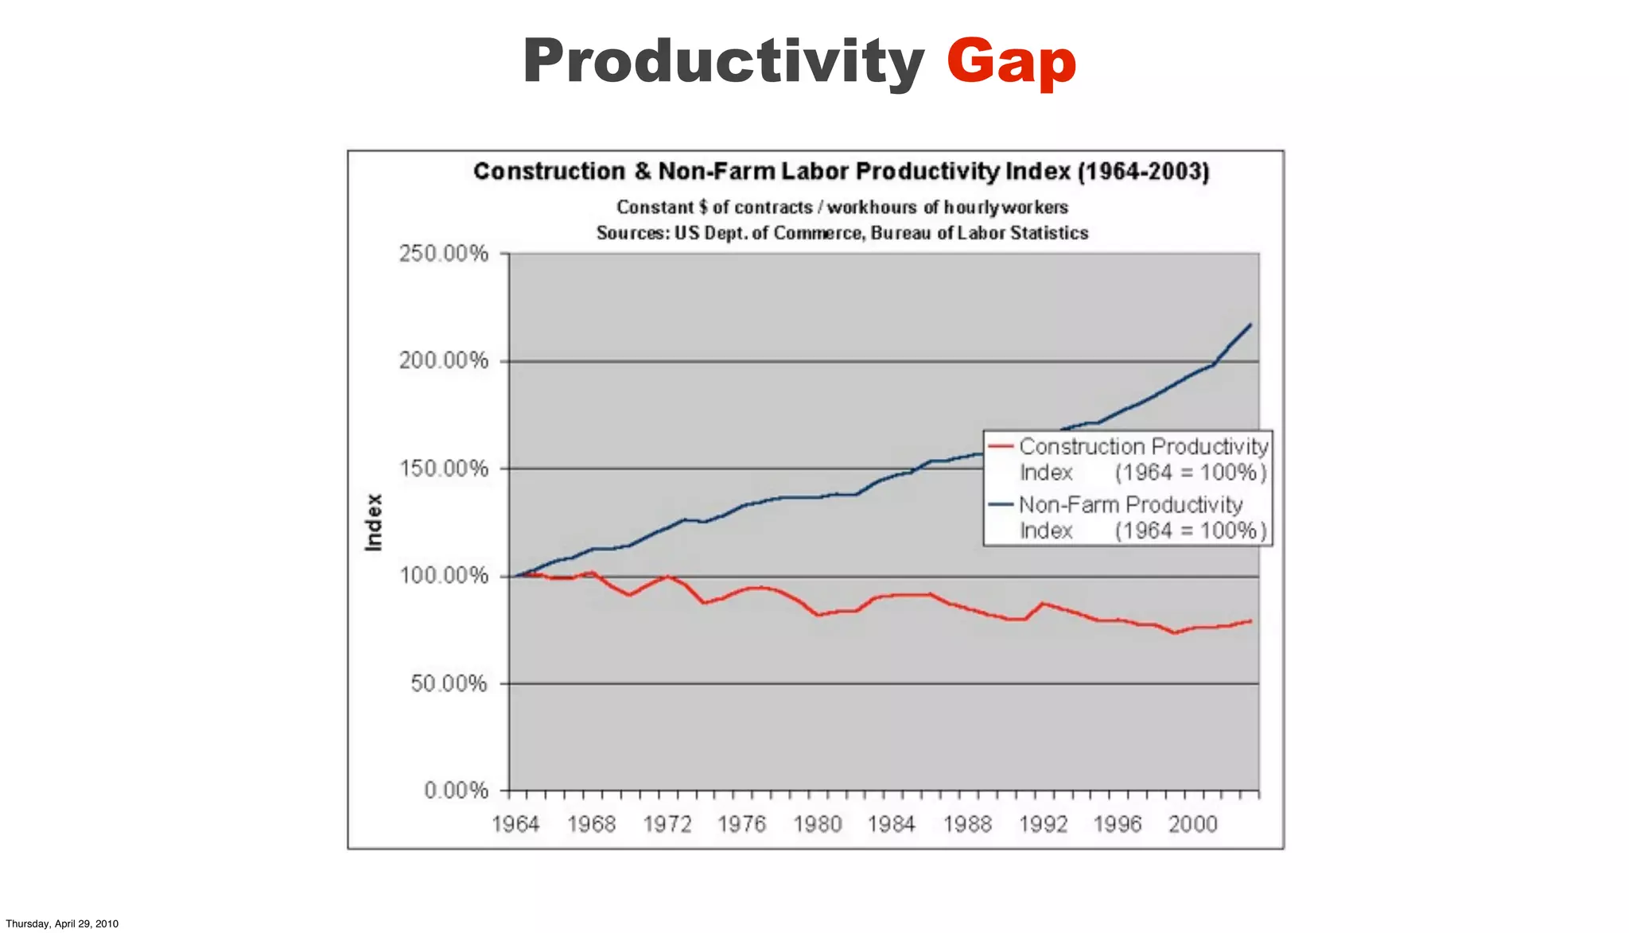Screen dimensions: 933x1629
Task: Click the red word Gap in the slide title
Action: coord(1011,62)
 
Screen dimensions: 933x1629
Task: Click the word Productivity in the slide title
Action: coord(723,62)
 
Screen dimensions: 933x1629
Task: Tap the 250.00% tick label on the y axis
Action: coord(444,254)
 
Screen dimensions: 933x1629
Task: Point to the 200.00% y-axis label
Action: coord(444,361)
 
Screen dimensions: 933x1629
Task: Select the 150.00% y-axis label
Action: coord(444,468)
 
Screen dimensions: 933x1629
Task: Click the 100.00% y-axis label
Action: coord(444,576)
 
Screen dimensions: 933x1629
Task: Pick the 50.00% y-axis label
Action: coord(449,683)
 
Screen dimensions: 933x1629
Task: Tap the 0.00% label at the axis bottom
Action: coord(456,791)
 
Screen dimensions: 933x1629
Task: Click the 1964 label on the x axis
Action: coord(515,824)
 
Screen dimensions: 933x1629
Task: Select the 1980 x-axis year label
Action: coord(817,824)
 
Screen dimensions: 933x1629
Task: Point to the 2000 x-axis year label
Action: coord(1192,824)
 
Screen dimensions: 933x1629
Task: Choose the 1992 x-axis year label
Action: coord(1043,824)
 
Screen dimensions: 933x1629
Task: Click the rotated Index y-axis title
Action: coord(374,522)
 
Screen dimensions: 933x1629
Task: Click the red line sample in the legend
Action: coord(1001,447)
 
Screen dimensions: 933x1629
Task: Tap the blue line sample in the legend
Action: coord(1001,505)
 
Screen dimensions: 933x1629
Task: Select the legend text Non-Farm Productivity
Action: coord(1130,505)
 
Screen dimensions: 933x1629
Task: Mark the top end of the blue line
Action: coord(1250,325)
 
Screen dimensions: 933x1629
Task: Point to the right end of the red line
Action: coord(1250,621)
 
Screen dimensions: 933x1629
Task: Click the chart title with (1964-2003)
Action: coord(841,172)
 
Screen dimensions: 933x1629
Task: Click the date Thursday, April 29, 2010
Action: coord(62,923)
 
